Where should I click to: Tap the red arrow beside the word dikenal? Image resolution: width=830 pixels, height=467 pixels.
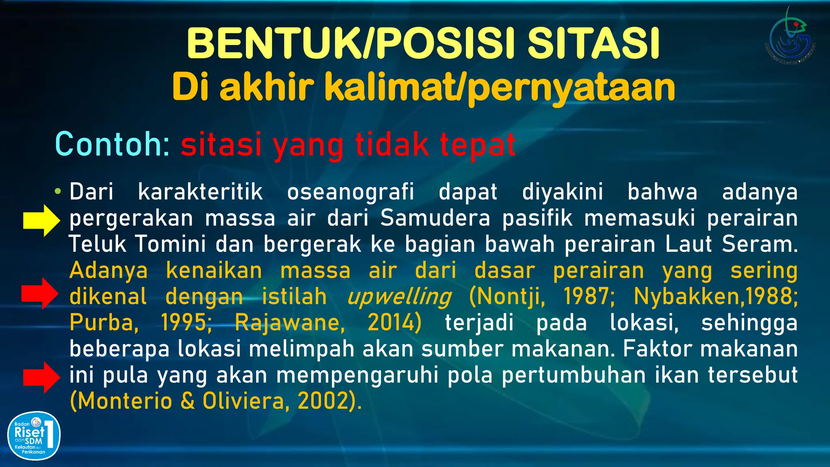(x=40, y=294)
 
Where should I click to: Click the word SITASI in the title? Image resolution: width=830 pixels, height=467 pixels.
(x=593, y=44)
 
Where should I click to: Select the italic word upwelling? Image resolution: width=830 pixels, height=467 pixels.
(x=399, y=297)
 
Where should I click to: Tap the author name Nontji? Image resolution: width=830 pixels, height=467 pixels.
(x=507, y=296)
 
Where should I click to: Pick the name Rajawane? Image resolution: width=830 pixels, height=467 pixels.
(x=289, y=323)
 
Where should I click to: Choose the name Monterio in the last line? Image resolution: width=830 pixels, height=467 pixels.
(x=124, y=401)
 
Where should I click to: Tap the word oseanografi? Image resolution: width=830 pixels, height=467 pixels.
(x=351, y=192)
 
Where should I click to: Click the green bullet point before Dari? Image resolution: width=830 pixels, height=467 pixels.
(x=58, y=191)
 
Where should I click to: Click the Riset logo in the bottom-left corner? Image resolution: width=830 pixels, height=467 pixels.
(x=34, y=436)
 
